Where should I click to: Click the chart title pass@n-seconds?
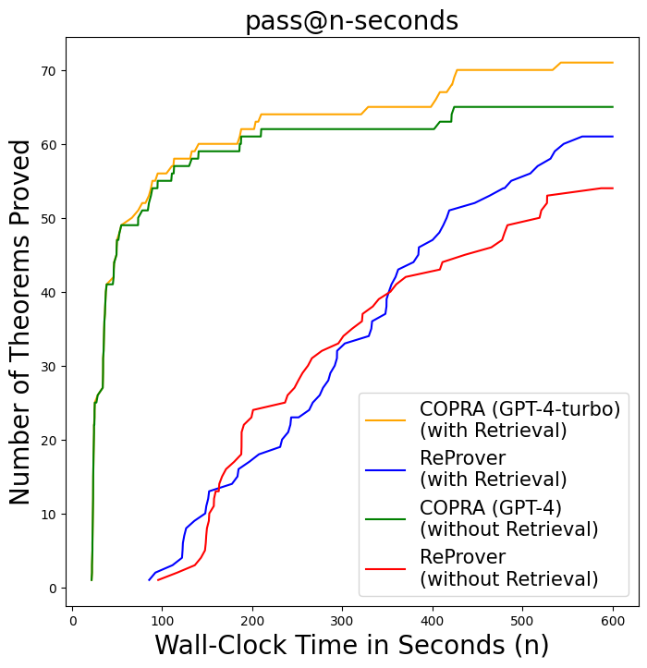click(351, 20)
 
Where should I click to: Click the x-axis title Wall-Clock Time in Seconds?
click(351, 645)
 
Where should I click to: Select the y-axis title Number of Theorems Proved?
click(20, 322)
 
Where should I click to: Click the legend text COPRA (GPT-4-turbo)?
click(519, 409)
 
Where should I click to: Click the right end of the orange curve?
click(613, 63)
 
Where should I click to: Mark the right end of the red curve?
click(613, 188)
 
